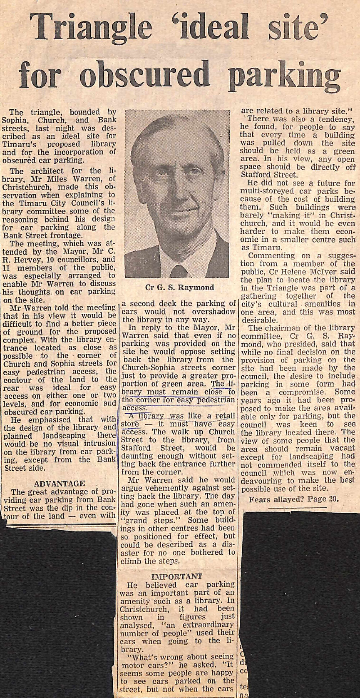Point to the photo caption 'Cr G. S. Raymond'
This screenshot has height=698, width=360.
click(x=175, y=287)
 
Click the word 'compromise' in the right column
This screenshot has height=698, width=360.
click(x=285, y=391)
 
